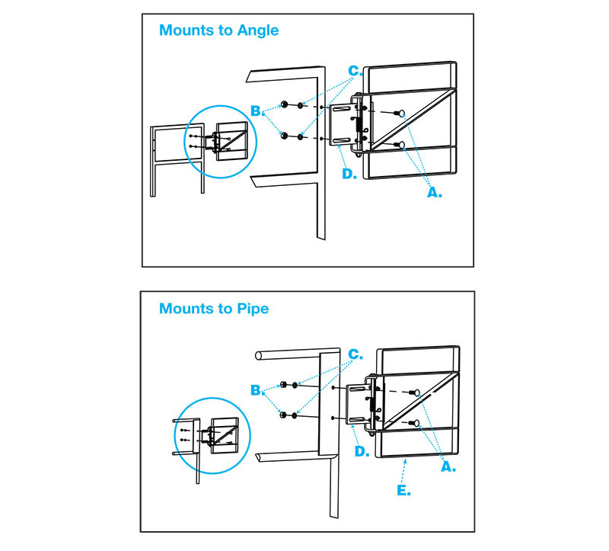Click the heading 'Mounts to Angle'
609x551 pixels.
218,31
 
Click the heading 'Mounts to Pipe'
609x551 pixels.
213,309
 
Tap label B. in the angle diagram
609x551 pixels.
259,111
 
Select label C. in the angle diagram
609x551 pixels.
353,72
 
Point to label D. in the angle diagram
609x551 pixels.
349,175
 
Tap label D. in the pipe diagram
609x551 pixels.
362,452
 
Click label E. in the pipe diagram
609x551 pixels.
403,491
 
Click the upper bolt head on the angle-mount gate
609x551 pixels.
398,112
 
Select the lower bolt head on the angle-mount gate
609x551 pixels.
398,144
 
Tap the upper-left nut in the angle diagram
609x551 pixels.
283,104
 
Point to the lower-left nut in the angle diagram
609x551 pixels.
283,137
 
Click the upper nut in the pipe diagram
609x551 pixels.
283,384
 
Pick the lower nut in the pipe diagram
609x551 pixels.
283,415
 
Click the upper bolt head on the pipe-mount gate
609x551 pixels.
415,392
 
